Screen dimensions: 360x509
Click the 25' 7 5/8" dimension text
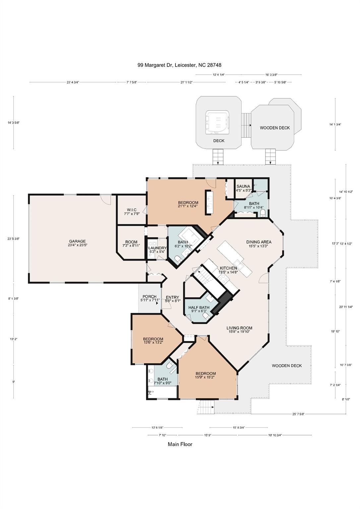click(x=300, y=414)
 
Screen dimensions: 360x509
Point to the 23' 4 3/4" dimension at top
click(x=73, y=83)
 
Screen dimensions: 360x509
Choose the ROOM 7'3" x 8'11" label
click(x=131, y=244)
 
